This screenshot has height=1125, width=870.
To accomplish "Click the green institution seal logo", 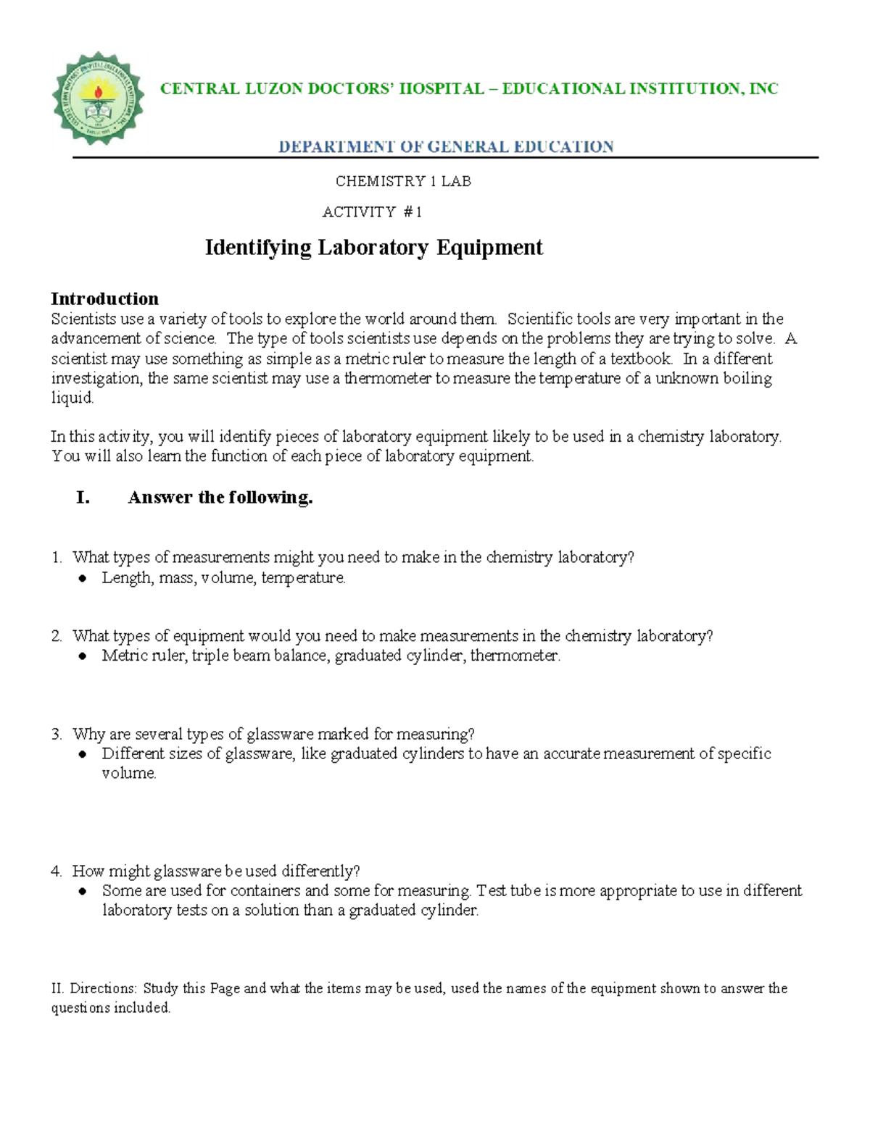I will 98,99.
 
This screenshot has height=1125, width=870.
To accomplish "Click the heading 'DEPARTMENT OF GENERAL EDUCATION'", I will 447,147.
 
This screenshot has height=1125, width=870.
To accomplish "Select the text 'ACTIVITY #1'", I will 372,212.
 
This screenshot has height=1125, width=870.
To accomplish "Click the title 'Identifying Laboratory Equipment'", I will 374,248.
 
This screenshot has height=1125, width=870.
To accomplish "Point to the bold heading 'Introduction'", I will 104,298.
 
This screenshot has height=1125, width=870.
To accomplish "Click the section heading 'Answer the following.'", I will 220,497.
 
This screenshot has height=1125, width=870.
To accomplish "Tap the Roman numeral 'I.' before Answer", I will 83,497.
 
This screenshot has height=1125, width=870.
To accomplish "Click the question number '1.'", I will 57,557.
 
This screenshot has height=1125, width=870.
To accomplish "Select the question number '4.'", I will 57,871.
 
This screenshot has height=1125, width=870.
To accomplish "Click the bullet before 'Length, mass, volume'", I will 83,578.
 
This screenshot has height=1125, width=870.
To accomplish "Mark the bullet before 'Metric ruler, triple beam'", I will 83,656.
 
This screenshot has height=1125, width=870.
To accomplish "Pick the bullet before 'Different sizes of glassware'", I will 83,754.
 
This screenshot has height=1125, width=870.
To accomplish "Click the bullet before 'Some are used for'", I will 83,891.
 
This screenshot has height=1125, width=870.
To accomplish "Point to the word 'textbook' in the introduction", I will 641,359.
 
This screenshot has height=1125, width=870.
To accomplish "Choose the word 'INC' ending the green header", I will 763,89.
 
